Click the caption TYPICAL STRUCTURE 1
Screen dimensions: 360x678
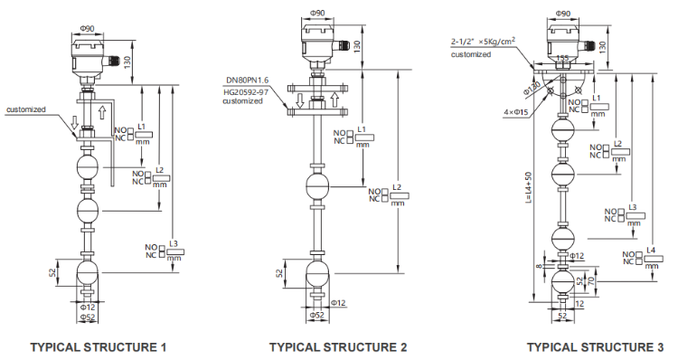click(x=99, y=346)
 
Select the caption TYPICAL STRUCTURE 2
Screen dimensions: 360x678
click(x=338, y=346)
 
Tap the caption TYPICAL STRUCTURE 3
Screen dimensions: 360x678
click(x=594, y=346)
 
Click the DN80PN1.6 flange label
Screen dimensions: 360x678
click(x=246, y=81)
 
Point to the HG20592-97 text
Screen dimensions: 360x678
click(x=246, y=90)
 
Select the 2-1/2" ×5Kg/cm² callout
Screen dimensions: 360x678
click(x=484, y=42)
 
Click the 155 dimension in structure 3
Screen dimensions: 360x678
click(x=561, y=58)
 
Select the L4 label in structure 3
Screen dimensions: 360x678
click(x=651, y=250)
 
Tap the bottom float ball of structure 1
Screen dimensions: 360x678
click(x=88, y=272)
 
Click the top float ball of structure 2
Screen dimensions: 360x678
click(x=318, y=186)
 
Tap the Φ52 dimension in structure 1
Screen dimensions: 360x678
click(x=88, y=317)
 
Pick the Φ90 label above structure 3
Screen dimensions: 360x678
click(x=561, y=14)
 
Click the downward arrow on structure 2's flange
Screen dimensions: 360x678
click(x=297, y=99)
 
